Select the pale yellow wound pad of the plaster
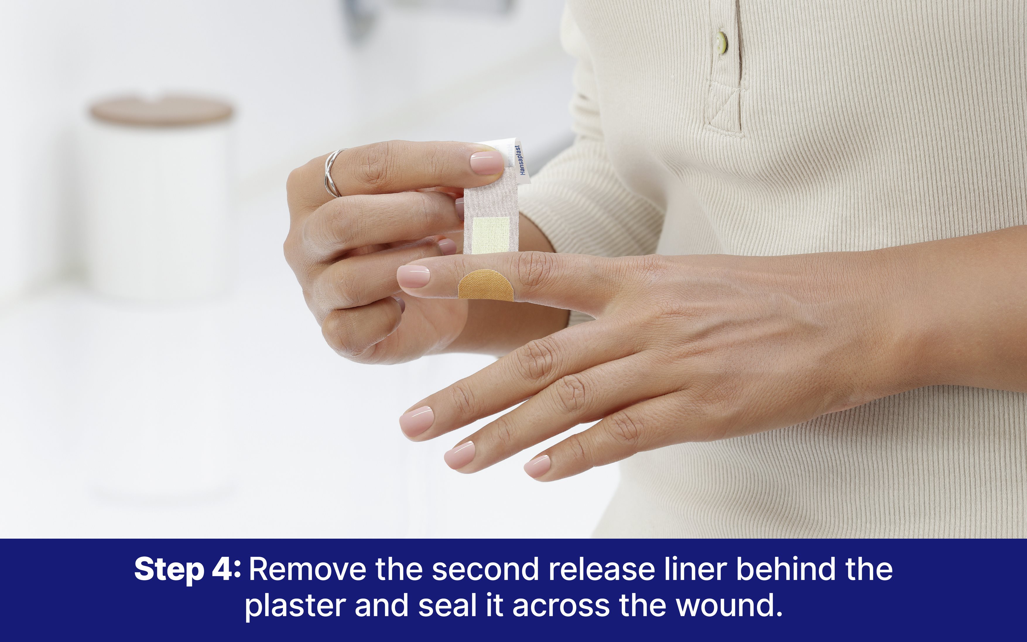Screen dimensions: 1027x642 [x=491, y=234]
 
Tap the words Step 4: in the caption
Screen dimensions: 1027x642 [x=188, y=569]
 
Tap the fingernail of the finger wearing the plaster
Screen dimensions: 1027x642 [x=413, y=276]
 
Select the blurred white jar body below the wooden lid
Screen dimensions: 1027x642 [x=159, y=208]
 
